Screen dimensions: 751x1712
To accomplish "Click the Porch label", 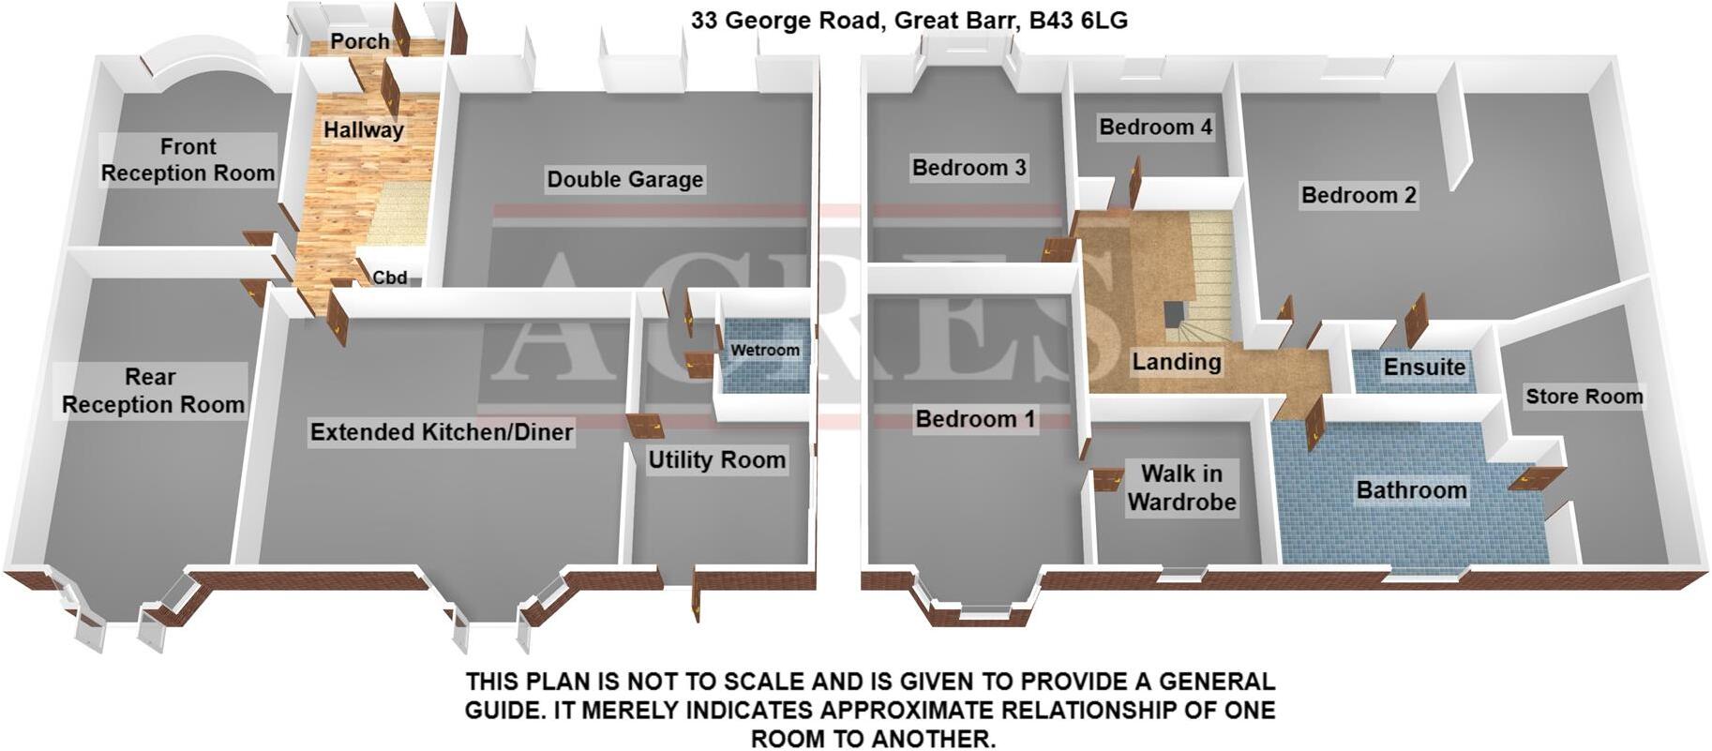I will click(360, 41).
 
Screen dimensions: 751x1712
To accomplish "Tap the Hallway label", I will click(364, 129).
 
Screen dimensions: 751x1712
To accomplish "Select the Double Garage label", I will click(624, 179).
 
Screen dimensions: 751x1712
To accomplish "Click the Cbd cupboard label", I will click(390, 277).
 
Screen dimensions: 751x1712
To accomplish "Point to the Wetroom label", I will click(765, 350).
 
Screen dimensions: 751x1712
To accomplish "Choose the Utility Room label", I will click(716, 459).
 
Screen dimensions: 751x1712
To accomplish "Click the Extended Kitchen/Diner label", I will click(442, 431).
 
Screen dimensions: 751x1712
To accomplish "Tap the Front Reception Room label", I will click(188, 159).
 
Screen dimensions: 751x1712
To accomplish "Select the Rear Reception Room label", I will click(152, 390).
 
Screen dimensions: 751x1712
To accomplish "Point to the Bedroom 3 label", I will click(969, 168).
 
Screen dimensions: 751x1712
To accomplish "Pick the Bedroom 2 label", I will click(1359, 195).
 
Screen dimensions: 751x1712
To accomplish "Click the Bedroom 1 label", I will click(975, 418).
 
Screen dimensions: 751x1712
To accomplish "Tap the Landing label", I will click(1176, 361).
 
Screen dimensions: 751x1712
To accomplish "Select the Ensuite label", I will click(1424, 367).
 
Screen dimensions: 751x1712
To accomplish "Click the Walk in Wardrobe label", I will click(1181, 488).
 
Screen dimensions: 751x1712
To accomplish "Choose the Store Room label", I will click(1584, 397).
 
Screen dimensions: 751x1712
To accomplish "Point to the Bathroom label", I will click(1411, 489).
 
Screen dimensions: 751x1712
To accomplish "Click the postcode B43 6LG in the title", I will click(1078, 20).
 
